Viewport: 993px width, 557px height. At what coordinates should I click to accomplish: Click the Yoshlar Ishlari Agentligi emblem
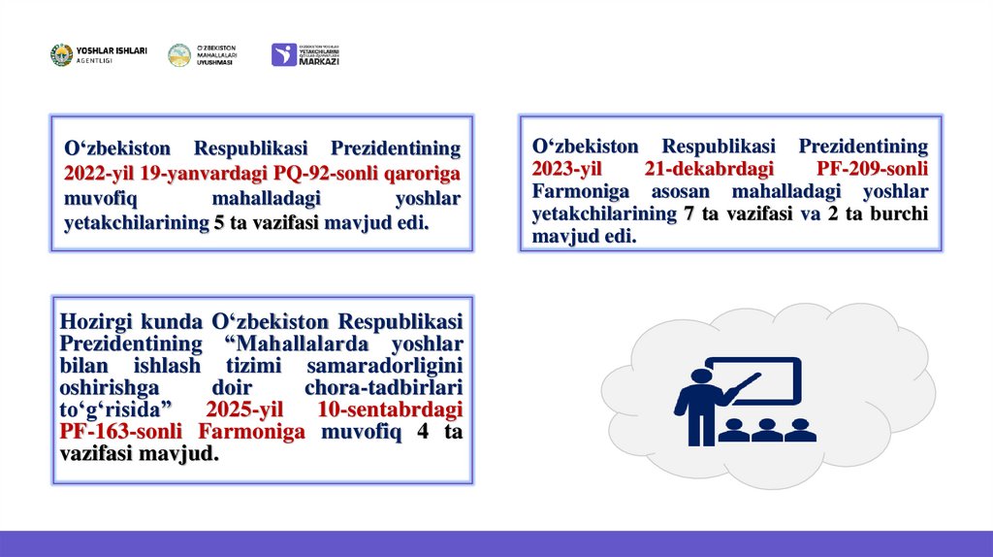[61, 54]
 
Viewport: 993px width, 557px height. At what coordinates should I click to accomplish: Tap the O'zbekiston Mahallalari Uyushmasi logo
[179, 55]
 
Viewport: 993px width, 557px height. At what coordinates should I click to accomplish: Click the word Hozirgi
[95, 321]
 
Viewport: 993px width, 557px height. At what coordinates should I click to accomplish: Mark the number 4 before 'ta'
[422, 433]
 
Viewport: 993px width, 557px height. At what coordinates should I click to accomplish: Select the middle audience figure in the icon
[766, 428]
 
